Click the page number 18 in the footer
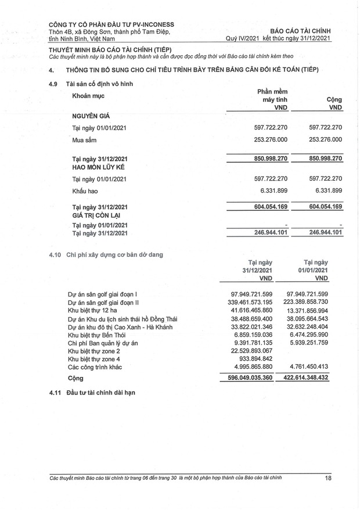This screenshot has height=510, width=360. click(x=328, y=478)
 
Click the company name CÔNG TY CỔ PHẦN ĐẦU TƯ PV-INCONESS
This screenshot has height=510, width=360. click(x=111, y=24)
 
